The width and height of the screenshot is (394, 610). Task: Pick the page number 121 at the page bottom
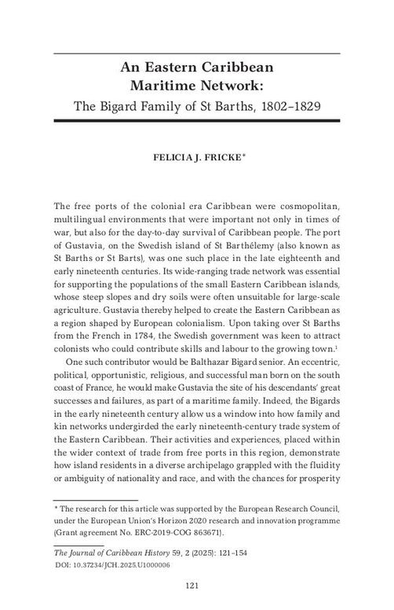(197, 585)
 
